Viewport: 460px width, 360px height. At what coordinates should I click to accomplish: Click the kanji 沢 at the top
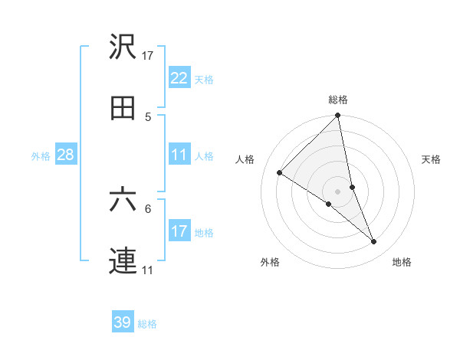point(123,47)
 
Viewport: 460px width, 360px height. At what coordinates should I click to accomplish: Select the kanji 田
point(123,109)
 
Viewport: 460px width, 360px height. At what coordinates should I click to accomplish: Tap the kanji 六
point(123,200)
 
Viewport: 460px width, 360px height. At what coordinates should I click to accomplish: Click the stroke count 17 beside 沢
point(148,55)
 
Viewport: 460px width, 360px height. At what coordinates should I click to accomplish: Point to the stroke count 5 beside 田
point(148,116)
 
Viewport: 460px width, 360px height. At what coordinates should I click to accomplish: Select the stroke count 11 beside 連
point(148,270)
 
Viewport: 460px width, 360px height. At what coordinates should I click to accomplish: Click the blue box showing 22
point(179,78)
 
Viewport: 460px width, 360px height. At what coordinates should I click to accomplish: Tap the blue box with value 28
point(66,155)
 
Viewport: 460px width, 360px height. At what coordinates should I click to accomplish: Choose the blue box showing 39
point(123,322)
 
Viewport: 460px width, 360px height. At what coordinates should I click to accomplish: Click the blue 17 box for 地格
point(179,231)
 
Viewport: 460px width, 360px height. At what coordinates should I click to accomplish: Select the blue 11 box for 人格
point(179,155)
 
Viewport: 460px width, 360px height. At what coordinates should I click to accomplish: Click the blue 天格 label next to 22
point(203,79)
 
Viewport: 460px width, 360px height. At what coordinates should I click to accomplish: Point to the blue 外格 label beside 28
point(41,155)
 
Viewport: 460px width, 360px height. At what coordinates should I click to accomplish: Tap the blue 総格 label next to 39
point(147,323)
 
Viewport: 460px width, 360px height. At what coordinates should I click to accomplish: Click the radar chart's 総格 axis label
point(338,100)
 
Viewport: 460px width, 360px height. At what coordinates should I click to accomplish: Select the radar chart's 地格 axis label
point(402,263)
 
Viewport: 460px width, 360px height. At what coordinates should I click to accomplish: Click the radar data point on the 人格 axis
point(280,173)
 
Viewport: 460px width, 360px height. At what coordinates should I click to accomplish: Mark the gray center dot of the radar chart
point(338,191)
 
